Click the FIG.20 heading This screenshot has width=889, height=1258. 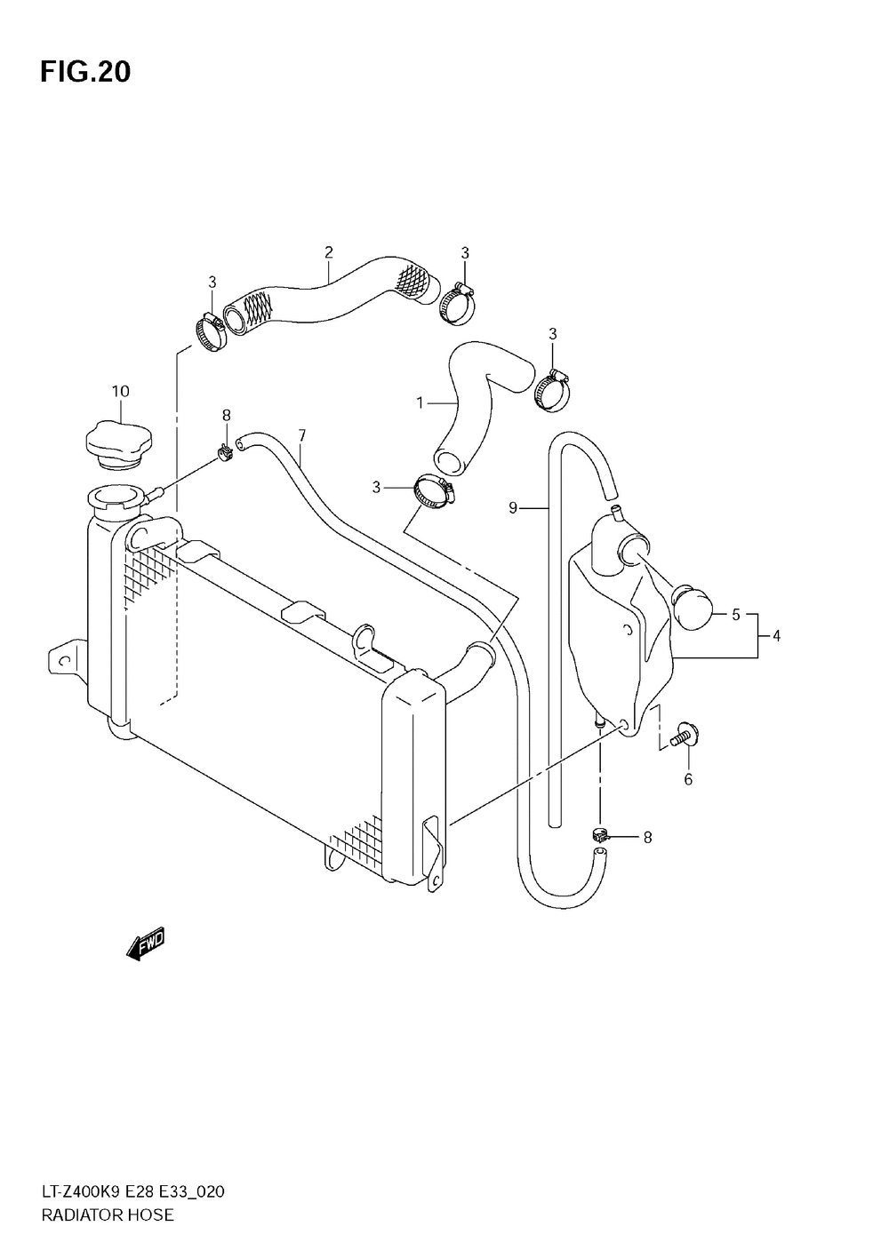[x=84, y=71]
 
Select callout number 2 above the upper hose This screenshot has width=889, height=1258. [x=328, y=252]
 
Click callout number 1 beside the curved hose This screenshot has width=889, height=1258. [x=420, y=402]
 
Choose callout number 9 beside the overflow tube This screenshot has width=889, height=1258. [x=513, y=508]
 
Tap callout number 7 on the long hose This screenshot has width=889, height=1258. [x=302, y=435]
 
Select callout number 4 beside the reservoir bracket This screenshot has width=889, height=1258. [x=776, y=635]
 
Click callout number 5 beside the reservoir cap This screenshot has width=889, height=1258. [x=736, y=614]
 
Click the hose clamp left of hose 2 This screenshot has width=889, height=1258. [x=210, y=330]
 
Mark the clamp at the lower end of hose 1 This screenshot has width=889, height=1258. [x=433, y=494]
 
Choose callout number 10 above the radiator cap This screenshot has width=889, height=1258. [x=120, y=391]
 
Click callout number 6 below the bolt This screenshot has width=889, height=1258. [x=688, y=780]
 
